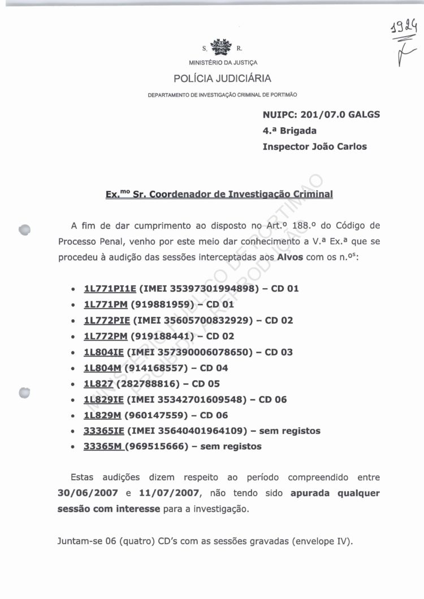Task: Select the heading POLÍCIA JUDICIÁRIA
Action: [x=222, y=79]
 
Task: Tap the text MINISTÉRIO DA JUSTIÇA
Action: [x=223, y=62]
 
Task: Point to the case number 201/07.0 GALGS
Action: [x=340, y=115]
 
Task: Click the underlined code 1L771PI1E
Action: [x=110, y=289]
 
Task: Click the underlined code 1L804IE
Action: [x=103, y=352]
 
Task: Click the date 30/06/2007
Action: [x=88, y=493]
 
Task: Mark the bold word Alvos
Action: [x=291, y=257]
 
